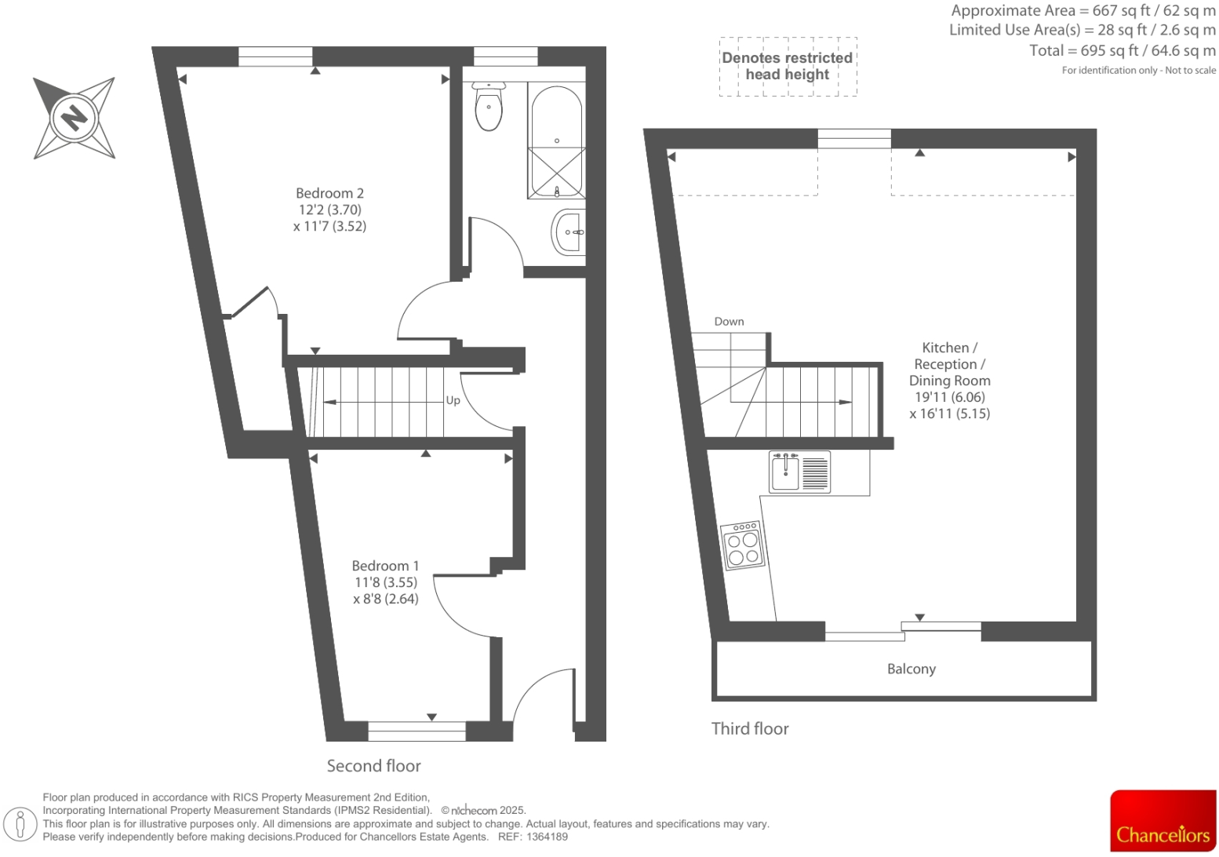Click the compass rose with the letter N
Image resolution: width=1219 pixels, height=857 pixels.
pos(75,118)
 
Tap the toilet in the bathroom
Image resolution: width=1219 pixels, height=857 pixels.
pos(489,107)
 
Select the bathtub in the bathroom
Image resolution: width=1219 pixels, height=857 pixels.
pos(556,141)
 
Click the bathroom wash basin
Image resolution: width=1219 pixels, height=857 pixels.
pos(569,232)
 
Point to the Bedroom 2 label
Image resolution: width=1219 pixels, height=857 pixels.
pos(329,193)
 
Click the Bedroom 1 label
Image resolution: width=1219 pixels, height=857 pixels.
pos(385,566)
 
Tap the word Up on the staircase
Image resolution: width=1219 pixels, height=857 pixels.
pos(453,400)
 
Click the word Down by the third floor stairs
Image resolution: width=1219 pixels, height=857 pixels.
pos(729,322)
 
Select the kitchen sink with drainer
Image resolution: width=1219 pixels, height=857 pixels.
pos(799,472)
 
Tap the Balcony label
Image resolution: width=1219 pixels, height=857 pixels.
pos(911,669)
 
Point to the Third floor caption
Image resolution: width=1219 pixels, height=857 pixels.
pos(749,729)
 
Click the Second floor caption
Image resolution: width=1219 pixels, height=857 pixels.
pos(373,766)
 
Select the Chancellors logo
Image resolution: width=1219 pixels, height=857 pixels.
pos(1163,821)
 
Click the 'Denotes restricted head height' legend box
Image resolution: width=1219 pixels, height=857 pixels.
pos(788,67)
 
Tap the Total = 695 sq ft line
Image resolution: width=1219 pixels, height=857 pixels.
pos(1122,51)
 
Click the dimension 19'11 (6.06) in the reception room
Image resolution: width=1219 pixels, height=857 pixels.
pos(949,397)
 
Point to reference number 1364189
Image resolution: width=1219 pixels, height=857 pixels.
pos(547,837)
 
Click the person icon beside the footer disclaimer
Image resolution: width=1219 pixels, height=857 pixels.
pos(20,824)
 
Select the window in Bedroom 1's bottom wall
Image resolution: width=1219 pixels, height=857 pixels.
pos(417,731)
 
